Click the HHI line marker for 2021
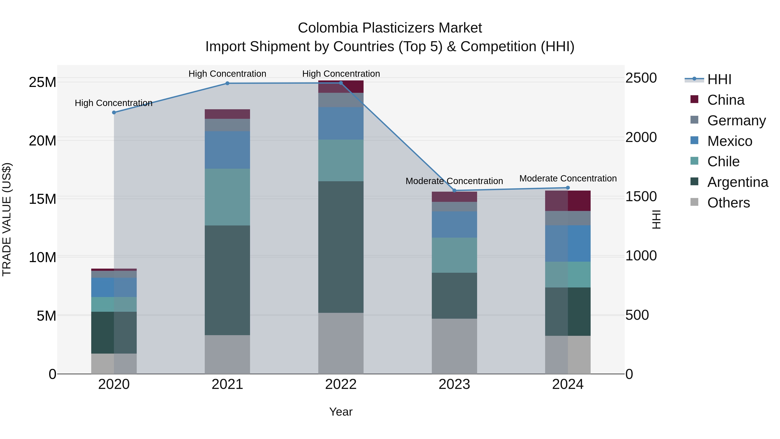(x=227, y=83)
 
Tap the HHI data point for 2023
(x=454, y=191)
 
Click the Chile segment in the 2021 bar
(x=227, y=197)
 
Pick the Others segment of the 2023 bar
(x=454, y=346)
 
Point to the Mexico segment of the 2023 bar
(x=454, y=225)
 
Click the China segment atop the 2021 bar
(x=227, y=114)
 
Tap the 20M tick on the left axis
(x=42, y=141)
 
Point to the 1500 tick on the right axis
(x=641, y=196)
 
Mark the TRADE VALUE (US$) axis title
(x=7, y=219)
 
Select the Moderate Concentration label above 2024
(x=568, y=178)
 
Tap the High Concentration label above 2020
(x=114, y=103)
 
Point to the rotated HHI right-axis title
(x=656, y=219)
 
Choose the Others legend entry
(x=728, y=203)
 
